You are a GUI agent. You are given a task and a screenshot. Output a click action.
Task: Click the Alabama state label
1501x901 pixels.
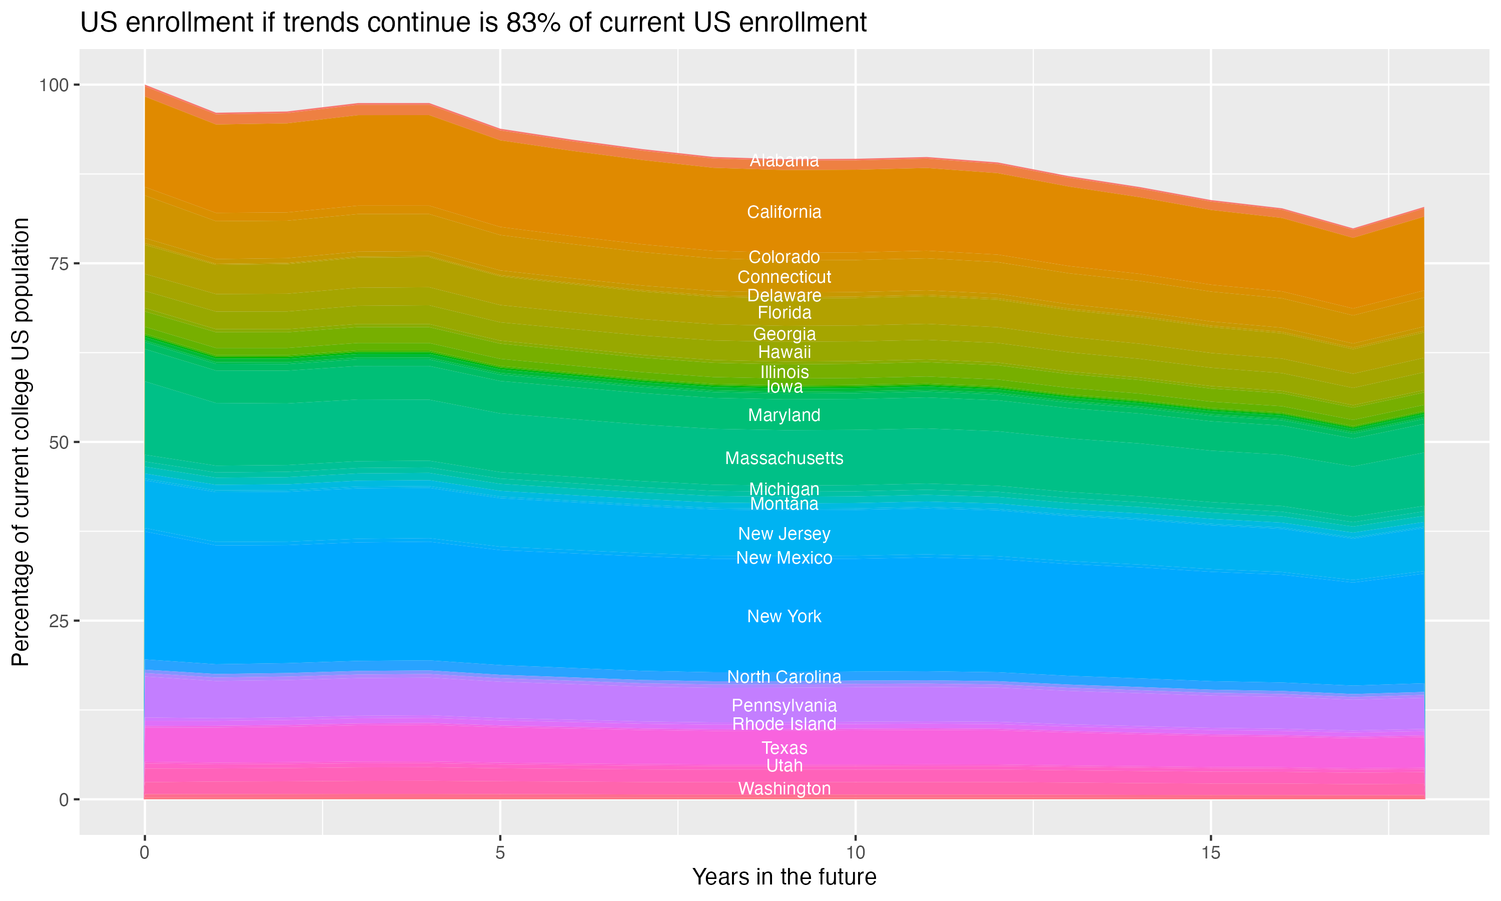784,160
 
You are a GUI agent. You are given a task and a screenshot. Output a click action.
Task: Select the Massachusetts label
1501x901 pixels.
784,458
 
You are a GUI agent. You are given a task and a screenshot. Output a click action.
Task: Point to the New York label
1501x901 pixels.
784,616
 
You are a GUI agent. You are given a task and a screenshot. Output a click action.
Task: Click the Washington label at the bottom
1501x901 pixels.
784,789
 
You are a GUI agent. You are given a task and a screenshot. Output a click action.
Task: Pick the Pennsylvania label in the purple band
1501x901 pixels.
784,705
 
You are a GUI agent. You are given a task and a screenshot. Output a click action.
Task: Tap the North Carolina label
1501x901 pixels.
784,677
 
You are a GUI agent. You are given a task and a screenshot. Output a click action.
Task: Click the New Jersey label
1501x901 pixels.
784,534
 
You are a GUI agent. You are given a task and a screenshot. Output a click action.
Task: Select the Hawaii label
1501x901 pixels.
784,352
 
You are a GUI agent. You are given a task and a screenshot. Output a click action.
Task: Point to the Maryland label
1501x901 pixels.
784,415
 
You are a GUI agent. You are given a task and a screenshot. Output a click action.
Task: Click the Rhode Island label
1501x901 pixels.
784,724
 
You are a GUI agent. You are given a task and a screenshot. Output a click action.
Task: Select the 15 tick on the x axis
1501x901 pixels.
1210,853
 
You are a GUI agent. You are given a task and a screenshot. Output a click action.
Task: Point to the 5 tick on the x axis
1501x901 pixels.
500,853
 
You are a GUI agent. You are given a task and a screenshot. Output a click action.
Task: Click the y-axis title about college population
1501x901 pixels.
21,442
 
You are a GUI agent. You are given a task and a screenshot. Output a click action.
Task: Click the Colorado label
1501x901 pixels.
784,257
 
